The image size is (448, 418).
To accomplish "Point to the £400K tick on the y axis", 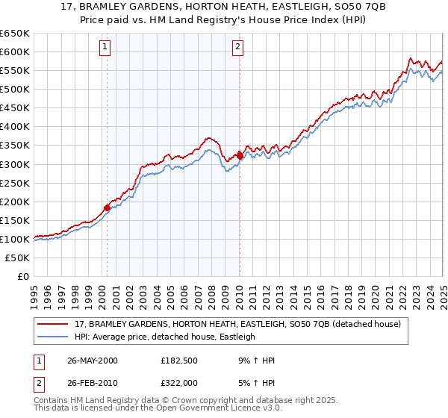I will coord(15,127).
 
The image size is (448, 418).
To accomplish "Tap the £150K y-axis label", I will coord(15,220).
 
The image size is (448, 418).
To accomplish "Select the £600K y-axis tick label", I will coord(15,52).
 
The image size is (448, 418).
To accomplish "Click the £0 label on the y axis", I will coord(22,277).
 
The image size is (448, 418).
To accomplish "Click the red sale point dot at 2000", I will coord(107,208).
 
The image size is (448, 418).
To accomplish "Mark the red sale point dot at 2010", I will coord(240,155).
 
